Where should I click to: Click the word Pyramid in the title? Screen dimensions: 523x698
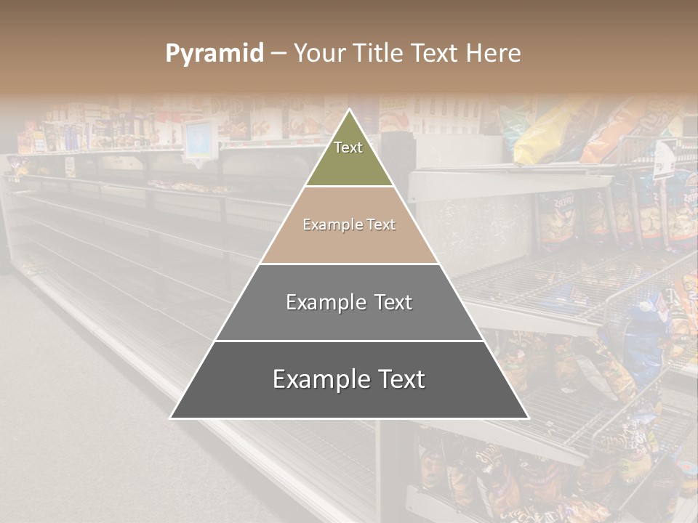[x=214, y=54]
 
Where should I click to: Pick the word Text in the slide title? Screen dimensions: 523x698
[x=436, y=53]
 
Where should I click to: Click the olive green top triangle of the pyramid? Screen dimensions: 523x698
[x=350, y=163]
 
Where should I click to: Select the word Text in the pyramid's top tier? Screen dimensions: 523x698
[x=348, y=147]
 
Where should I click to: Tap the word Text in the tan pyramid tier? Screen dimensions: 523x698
[x=381, y=224]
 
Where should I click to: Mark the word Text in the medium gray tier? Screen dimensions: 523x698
[x=393, y=302]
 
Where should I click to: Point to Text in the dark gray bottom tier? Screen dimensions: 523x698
[x=398, y=379]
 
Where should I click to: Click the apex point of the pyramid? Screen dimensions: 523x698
[x=350, y=110]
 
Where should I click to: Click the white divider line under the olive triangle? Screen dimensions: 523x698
[x=350, y=187]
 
